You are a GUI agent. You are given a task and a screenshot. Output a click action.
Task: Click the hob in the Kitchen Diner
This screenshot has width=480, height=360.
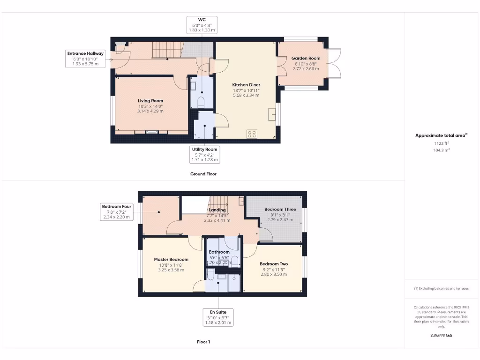pos(252,134)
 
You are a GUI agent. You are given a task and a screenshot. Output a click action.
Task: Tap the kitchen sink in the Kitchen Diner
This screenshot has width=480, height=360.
pos(271,114)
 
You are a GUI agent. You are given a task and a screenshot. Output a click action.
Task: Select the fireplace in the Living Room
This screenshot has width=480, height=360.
pos(150,133)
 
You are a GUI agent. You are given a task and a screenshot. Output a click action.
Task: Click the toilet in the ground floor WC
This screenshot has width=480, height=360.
pos(202,102)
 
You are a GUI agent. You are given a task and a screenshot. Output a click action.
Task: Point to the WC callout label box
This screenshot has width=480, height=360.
pos(202,24)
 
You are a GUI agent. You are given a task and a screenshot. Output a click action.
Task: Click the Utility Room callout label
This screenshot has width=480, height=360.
pos(205,154)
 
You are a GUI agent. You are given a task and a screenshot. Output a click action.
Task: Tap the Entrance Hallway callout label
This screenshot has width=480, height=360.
pos(85,59)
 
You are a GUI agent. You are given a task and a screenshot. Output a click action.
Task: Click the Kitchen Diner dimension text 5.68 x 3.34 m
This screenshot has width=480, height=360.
pos(246,95)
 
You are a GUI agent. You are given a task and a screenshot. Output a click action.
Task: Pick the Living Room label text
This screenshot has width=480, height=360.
pos(150,100)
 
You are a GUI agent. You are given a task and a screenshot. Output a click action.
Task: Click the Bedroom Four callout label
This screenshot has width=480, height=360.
pos(117,211)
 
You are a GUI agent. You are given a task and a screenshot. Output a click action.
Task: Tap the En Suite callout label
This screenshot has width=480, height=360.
pos(218,317)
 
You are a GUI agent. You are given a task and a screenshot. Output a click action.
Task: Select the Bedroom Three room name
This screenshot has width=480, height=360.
pos(280,209)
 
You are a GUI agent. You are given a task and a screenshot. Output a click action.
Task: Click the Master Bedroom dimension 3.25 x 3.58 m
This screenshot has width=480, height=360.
pos(171,270)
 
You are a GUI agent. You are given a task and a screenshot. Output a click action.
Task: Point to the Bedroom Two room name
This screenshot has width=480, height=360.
pos(274,264)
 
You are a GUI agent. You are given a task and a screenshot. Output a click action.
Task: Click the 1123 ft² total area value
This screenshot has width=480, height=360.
pos(441,143)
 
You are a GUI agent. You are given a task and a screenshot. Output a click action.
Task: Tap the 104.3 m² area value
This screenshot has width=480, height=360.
pos(441,150)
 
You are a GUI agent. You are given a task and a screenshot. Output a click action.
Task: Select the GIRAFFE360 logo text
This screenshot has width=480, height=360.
pos(441,336)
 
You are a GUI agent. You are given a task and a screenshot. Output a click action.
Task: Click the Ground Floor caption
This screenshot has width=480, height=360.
pos(203,174)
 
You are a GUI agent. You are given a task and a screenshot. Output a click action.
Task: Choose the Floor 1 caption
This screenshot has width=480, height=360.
pos(203,342)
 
